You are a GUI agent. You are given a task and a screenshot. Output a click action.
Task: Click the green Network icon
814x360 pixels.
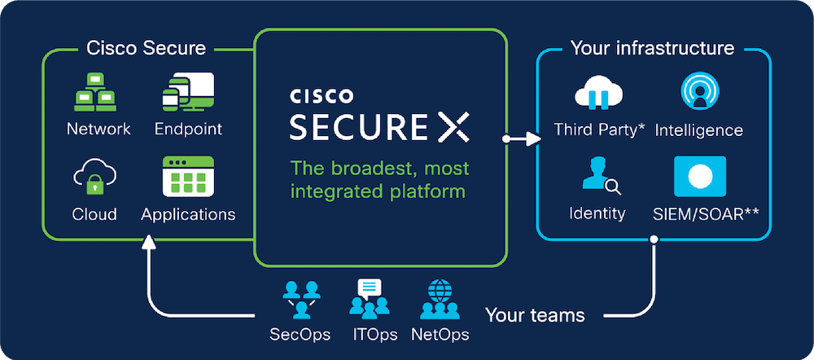[95, 93]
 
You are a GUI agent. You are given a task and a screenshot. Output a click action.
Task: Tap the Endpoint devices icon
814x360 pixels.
[188, 92]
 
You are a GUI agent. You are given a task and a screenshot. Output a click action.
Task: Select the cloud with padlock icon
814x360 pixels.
[94, 177]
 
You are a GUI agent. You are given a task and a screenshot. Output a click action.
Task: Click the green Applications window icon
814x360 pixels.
[188, 176]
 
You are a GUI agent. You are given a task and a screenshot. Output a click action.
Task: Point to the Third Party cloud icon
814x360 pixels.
[598, 92]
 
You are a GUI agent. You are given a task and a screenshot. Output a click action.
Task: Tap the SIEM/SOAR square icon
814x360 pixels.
[699, 176]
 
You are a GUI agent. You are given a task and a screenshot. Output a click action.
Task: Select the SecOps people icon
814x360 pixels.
[301, 300]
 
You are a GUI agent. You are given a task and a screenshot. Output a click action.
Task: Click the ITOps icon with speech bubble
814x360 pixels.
[369, 299]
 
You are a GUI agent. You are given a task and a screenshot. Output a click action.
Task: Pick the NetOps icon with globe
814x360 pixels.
[440, 299]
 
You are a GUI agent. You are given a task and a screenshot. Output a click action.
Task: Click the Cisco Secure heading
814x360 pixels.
[146, 48]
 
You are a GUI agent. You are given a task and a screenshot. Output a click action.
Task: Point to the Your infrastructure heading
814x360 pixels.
[652, 48]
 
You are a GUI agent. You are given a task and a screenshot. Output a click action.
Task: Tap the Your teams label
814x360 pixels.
[535, 315]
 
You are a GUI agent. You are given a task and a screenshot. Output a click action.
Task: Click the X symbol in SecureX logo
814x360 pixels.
[453, 127]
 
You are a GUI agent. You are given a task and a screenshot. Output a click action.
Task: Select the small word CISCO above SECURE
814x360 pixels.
[322, 96]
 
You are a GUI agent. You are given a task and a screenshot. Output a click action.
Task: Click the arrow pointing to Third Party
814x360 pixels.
[522, 138]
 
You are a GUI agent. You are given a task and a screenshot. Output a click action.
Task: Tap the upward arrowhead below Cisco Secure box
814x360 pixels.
[149, 242]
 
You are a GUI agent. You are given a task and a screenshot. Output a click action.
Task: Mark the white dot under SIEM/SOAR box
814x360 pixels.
[654, 239]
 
